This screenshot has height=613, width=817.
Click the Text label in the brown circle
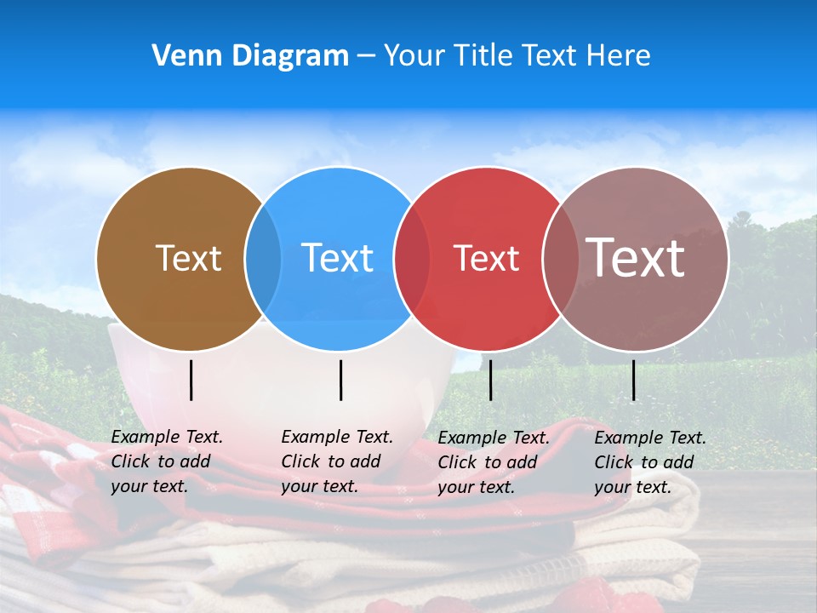coord(188,258)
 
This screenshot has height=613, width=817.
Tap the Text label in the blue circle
coord(337,258)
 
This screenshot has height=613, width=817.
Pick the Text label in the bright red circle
coord(487,258)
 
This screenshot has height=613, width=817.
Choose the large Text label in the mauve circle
coord(636,257)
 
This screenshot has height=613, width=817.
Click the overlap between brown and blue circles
coord(263,259)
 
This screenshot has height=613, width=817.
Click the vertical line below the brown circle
coord(191,380)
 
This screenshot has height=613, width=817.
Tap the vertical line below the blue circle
coord(340,380)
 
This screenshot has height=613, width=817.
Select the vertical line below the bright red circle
coord(490,380)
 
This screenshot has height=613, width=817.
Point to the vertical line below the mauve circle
coord(633,380)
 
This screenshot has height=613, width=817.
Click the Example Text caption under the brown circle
coord(167,461)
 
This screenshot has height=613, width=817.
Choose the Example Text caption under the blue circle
coord(337,461)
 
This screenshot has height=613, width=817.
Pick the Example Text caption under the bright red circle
coord(494,462)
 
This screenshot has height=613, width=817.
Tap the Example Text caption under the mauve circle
coord(650,462)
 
